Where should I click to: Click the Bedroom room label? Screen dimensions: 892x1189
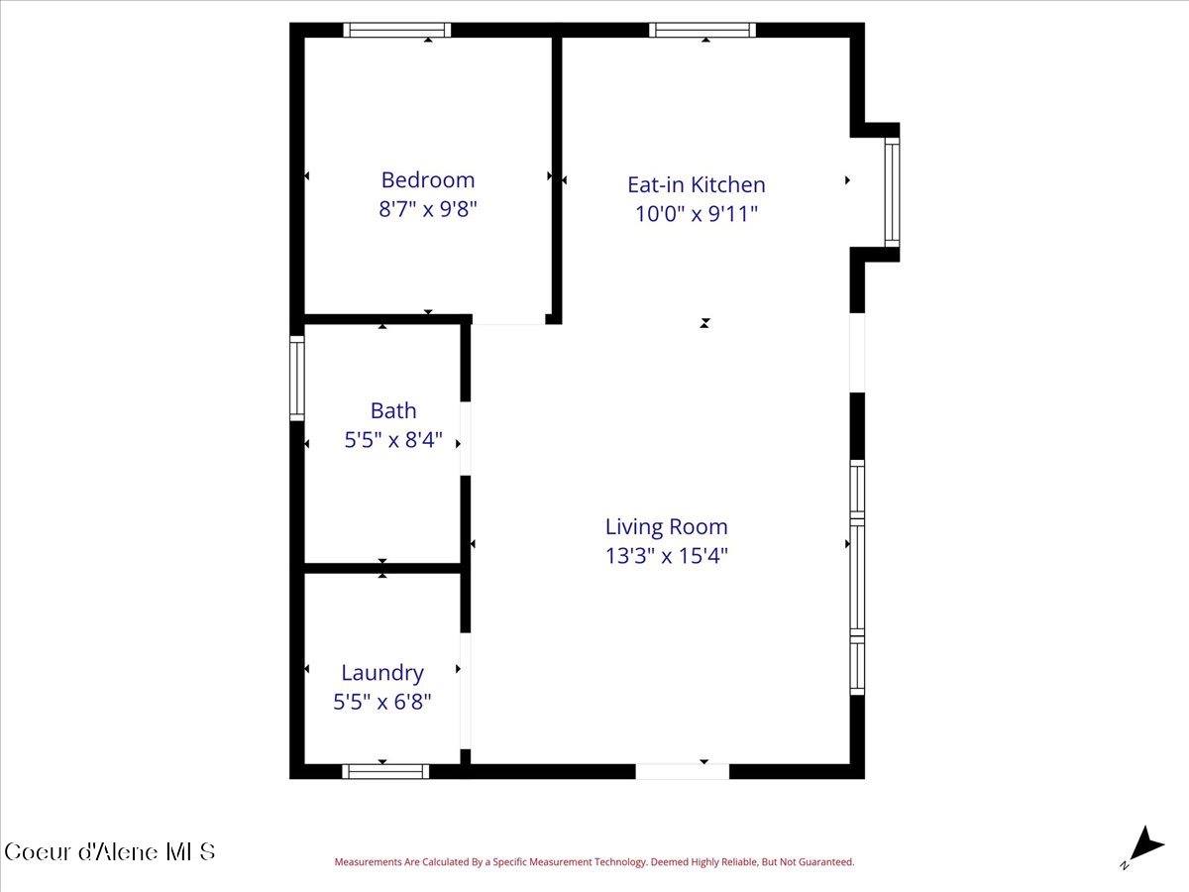click(x=427, y=180)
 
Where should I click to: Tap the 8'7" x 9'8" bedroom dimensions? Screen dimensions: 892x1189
click(x=427, y=210)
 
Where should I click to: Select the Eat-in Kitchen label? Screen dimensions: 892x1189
click(x=696, y=184)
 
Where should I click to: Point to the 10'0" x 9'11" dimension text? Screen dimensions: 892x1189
click(x=696, y=213)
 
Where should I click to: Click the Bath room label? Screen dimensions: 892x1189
click(x=393, y=410)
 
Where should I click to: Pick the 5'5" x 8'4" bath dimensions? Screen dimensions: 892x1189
click(x=393, y=440)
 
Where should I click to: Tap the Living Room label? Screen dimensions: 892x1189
click(x=666, y=526)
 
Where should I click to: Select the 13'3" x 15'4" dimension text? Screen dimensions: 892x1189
click(x=666, y=556)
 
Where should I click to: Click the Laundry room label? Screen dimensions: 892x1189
click(x=381, y=673)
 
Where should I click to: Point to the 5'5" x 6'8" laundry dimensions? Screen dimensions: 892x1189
click(x=381, y=702)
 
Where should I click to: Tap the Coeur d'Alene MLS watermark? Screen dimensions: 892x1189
click(x=109, y=851)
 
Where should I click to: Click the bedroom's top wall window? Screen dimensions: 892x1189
click(x=396, y=31)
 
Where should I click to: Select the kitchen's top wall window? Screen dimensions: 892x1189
click(x=703, y=31)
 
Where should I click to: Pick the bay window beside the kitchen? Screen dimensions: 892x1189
click(x=892, y=192)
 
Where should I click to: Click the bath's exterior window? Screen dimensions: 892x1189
click(x=296, y=379)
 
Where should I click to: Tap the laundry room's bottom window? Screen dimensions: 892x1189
click(x=385, y=771)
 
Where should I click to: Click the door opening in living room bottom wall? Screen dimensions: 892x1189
click(x=682, y=771)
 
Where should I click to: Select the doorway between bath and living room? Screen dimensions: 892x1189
click(x=465, y=438)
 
